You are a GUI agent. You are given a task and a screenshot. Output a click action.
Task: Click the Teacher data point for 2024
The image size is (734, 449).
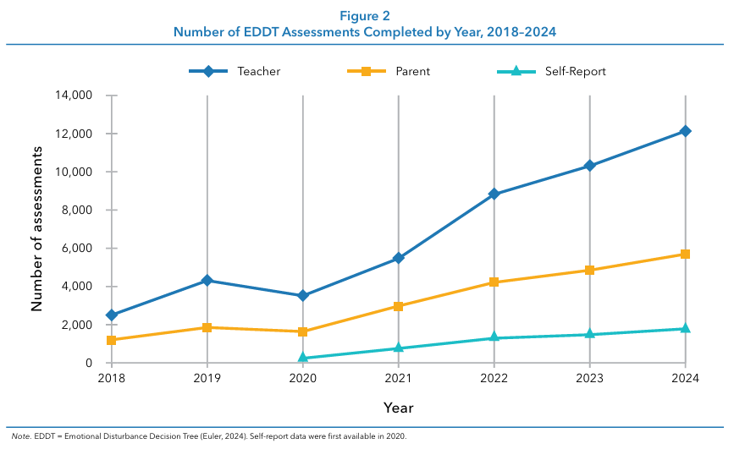coord(686,131)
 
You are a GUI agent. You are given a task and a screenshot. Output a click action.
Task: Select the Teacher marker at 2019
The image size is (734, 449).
coord(207,280)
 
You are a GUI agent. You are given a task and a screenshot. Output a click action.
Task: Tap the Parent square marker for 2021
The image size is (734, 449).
coord(399,306)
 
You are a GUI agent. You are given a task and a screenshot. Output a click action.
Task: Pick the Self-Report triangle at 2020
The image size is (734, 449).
coord(303,358)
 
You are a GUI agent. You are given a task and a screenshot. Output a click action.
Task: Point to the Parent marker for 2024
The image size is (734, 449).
coord(686,254)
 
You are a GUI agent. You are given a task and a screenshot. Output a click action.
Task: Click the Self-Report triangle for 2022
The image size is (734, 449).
coord(494,337)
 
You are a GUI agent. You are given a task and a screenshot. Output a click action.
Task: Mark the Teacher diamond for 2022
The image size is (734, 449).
coord(494,194)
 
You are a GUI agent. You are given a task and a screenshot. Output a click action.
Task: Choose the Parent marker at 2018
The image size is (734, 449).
coord(112,340)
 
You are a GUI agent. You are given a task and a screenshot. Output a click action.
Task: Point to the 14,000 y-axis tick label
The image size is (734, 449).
coord(75,96)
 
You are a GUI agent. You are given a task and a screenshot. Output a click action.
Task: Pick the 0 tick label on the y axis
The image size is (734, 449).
coord(89,363)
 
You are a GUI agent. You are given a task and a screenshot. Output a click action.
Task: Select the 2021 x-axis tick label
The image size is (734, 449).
coord(399,378)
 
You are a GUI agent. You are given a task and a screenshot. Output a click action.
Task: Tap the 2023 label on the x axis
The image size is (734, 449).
coord(590,378)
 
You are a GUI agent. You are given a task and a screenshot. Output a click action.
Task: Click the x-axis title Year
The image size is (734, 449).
coord(399,408)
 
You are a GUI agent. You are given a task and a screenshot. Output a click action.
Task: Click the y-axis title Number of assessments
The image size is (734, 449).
coord(37,229)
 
